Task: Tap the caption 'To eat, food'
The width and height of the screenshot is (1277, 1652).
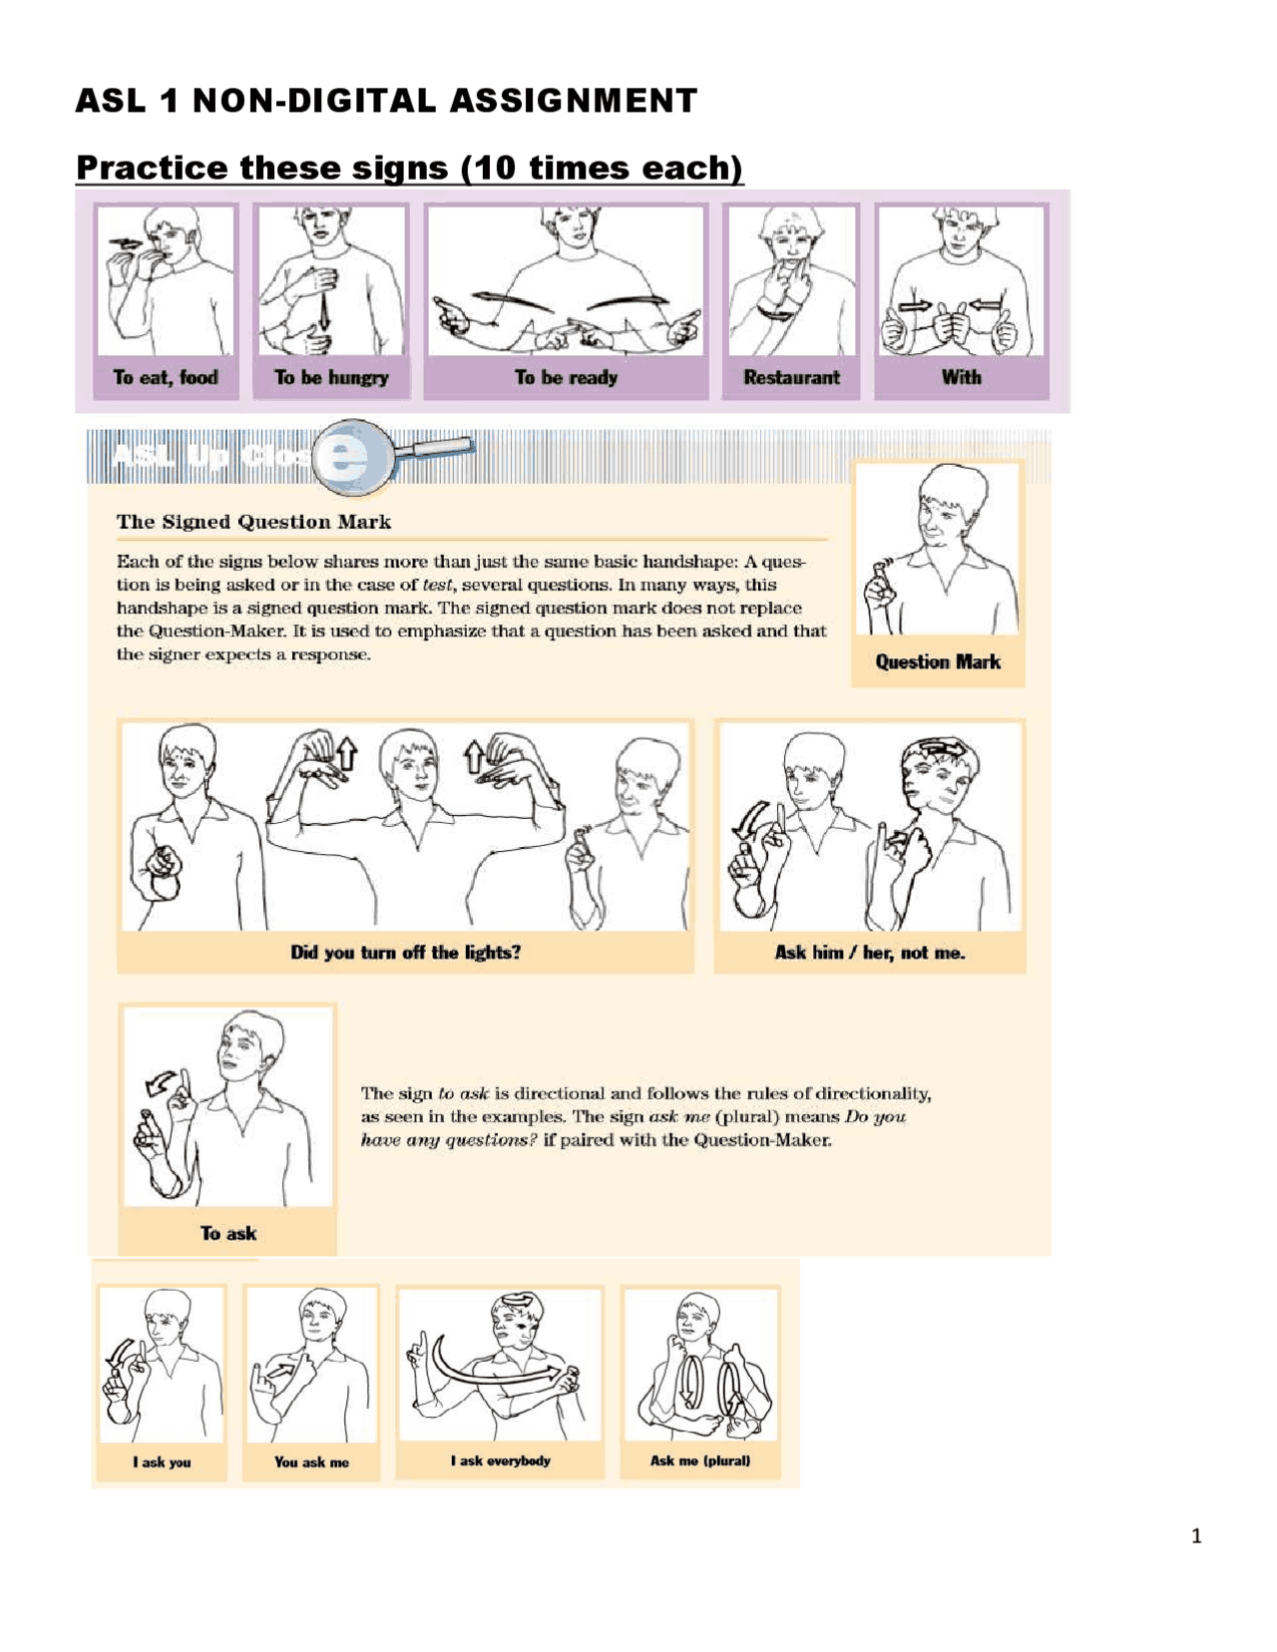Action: pos(166,378)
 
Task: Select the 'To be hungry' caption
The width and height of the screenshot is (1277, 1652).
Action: pos(331,378)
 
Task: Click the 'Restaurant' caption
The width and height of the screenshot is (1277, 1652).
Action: pos(791,378)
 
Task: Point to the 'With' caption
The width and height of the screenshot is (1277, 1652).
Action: pos(961,378)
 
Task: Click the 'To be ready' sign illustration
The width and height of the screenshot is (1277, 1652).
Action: pos(566,281)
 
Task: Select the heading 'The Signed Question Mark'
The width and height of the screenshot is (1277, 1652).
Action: pos(253,522)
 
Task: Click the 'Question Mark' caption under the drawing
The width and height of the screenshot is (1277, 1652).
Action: pos(938,662)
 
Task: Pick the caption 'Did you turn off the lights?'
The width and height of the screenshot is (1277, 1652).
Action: pos(405,953)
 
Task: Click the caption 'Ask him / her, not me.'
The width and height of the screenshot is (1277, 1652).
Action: pos(870,953)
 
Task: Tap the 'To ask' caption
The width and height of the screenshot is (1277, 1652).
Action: pos(228,1234)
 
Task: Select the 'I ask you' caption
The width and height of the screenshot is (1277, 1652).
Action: pos(162,1462)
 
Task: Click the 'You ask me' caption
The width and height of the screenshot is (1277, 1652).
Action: pos(311,1462)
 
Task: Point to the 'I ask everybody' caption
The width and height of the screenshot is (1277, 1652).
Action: pos(500,1461)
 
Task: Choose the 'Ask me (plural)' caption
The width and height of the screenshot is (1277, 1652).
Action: pos(700,1461)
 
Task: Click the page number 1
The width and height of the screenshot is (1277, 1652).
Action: pos(1196,1536)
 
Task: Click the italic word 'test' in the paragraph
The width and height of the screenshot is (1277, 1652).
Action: pos(436,586)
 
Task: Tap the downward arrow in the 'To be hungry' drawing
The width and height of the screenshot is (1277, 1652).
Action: pos(324,312)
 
